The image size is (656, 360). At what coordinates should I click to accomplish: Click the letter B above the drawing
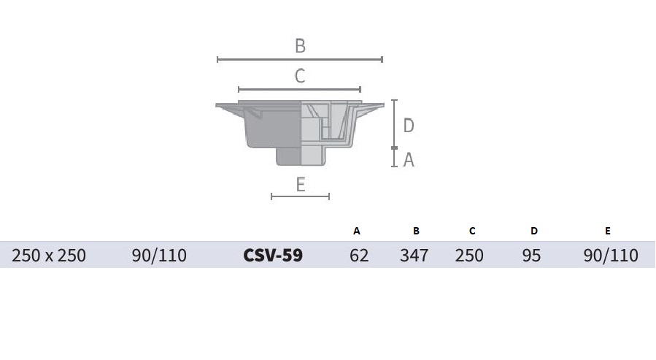coord(300,45)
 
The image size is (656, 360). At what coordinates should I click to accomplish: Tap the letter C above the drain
coord(300,76)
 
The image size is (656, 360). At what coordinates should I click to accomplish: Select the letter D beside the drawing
coord(409,125)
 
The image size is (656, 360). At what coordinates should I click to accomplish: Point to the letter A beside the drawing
coord(409,159)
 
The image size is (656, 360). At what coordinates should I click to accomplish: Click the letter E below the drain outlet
coord(301,185)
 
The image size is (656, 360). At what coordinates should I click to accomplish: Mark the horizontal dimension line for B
coord(300,59)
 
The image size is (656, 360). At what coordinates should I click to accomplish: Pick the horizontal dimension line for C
coord(300,89)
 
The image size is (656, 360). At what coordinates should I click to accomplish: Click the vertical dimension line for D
coord(394,124)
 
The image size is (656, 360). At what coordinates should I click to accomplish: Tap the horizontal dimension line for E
coord(301,196)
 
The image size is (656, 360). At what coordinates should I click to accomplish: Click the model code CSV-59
coord(273,255)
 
